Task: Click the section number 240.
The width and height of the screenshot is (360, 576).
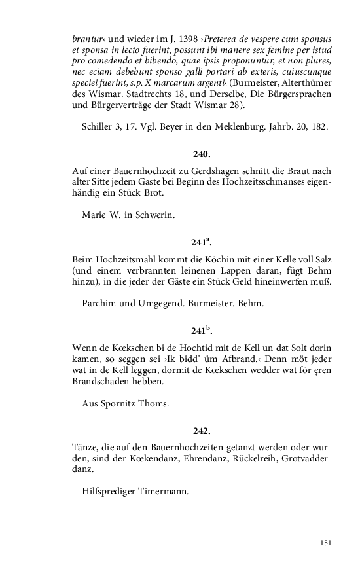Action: [202, 154]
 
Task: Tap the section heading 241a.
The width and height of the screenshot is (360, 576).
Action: [202, 242]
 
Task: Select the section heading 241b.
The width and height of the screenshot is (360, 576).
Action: [202, 330]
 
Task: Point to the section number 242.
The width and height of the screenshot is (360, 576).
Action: [202, 431]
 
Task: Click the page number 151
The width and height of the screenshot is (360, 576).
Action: [327, 543]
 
